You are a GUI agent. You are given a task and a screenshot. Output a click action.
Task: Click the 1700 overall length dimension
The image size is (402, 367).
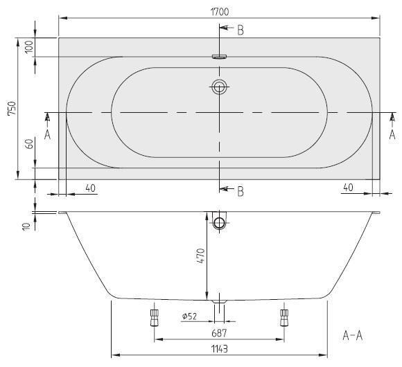pyautogui.click(x=220, y=12)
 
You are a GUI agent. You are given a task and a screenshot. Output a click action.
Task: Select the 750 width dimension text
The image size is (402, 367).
pyautogui.click(x=12, y=109)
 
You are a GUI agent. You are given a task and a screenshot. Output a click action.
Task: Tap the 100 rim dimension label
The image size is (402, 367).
pyautogui.click(x=29, y=46)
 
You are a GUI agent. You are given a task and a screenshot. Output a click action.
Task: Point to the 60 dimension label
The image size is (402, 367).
pyautogui.click(x=30, y=144)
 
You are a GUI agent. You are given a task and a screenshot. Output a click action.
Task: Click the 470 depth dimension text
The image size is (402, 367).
pyautogui.click(x=202, y=256)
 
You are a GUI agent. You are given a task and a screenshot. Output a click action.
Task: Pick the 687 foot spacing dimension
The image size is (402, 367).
pyautogui.click(x=220, y=333)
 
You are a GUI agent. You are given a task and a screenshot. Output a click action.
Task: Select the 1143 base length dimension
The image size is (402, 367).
pyautogui.click(x=220, y=349)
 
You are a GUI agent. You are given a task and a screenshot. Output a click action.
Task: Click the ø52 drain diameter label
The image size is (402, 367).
pyautogui.click(x=189, y=316)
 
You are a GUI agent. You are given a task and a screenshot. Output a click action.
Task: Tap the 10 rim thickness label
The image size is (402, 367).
pyautogui.click(x=26, y=226)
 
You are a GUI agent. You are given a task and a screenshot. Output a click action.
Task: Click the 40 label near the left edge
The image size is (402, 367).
pyautogui.click(x=90, y=188)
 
